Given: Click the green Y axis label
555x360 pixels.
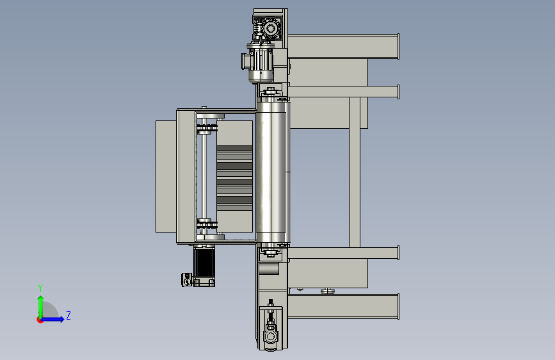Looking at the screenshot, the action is click(40, 288).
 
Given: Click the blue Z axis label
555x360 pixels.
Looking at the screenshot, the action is click(68, 315).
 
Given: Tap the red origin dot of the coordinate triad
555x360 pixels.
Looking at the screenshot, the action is click(40, 320).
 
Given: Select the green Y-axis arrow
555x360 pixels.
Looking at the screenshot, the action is click(41, 307).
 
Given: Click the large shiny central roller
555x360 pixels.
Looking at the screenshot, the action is click(272, 172).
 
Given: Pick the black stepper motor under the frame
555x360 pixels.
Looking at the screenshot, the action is click(204, 263).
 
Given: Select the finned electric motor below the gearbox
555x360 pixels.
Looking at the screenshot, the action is click(259, 63).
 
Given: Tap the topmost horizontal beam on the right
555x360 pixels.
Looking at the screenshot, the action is click(343, 46).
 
